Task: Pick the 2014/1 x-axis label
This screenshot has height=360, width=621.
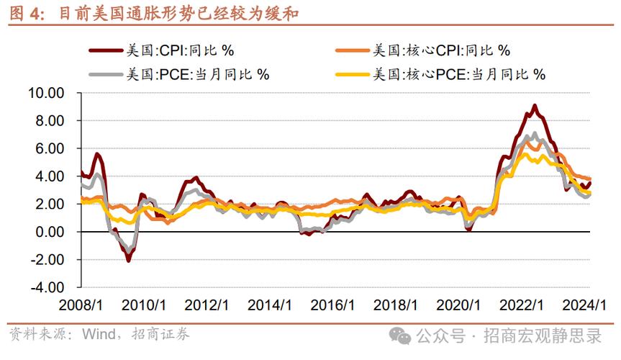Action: tap(272, 305)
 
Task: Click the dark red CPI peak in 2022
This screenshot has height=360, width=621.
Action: tap(534, 106)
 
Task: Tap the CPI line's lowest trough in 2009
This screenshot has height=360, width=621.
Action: tap(129, 259)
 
